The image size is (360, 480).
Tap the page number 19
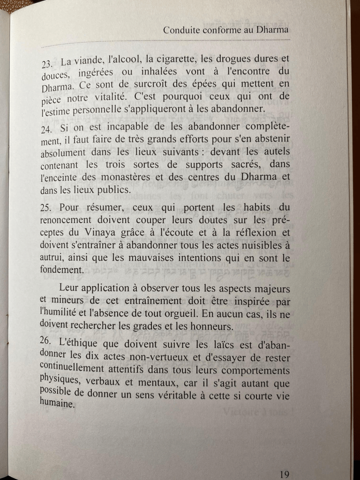point(284,474)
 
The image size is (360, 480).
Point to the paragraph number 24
point(47,129)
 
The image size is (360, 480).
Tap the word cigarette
point(176,60)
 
